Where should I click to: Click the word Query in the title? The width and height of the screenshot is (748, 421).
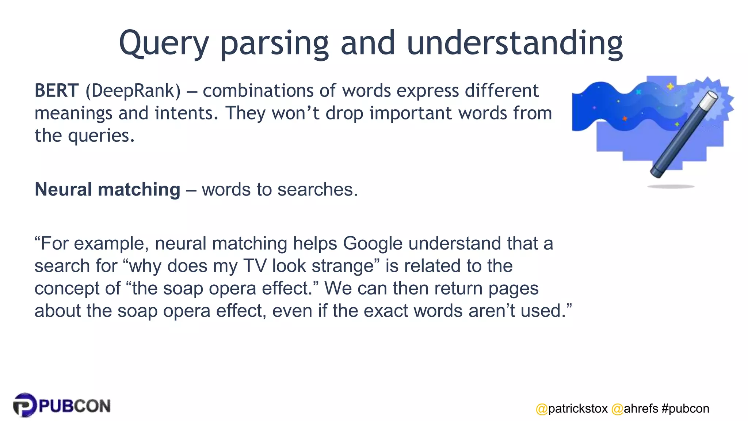pyautogui.click(x=164, y=44)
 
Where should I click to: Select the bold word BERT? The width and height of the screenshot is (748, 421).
pyautogui.click(x=56, y=91)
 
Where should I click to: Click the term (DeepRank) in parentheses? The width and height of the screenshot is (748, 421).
pyautogui.click(x=133, y=91)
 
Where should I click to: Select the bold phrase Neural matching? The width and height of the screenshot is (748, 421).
pyautogui.click(x=107, y=190)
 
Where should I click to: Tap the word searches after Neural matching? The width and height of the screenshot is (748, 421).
pyautogui.click(x=316, y=190)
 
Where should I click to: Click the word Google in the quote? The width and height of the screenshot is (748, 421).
pyautogui.click(x=373, y=243)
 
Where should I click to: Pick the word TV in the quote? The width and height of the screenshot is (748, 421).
pyautogui.click(x=255, y=266)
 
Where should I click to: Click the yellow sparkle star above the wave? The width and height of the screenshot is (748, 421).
pyautogui.click(x=670, y=86)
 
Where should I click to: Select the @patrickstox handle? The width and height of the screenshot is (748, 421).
pyautogui.click(x=572, y=409)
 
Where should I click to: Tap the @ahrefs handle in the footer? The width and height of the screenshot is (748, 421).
pyautogui.click(x=635, y=409)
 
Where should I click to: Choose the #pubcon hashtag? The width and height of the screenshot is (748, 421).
pyautogui.click(x=685, y=409)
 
